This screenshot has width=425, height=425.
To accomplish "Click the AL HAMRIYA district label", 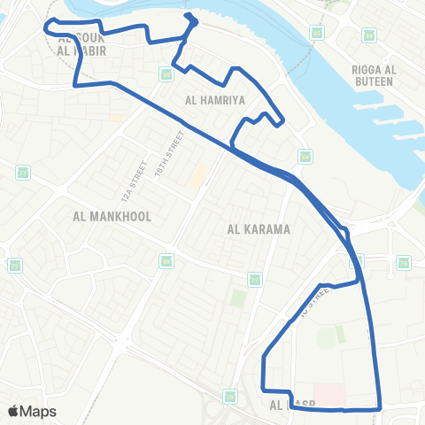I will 213,100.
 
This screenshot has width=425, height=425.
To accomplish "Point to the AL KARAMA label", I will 259,229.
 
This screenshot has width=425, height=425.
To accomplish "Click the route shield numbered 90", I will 317,33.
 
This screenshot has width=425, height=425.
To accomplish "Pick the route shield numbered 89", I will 166,73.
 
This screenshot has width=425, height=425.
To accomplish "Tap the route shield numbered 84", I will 305,156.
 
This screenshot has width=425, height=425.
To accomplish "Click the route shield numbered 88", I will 166,260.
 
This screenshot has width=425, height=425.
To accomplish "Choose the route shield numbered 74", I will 405,263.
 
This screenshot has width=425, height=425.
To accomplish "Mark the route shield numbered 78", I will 229,396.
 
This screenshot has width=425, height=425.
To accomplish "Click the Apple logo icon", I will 13,411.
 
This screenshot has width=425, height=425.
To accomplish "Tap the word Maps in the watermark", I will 39,411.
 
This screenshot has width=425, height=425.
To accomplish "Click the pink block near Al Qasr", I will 328,392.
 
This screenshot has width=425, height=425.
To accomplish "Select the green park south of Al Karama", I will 238,297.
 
